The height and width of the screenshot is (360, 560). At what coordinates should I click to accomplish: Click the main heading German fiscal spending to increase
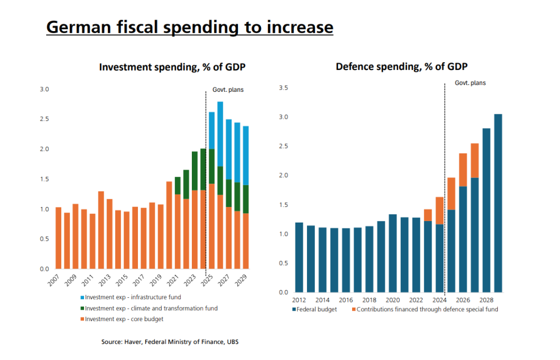click(x=189, y=26)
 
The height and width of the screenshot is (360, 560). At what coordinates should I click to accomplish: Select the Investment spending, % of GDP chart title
click(x=172, y=67)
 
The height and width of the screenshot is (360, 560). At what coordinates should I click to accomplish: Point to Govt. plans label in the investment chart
click(x=228, y=90)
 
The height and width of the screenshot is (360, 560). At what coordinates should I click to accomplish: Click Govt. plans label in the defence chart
click(x=470, y=83)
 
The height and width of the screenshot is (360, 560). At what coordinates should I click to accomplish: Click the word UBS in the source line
click(x=231, y=342)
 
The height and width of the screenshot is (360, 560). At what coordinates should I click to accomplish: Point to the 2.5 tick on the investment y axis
click(x=44, y=119)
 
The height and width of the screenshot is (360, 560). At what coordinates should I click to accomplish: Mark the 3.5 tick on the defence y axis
click(x=283, y=88)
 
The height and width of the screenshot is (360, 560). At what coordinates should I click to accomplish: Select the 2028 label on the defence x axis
click(x=486, y=300)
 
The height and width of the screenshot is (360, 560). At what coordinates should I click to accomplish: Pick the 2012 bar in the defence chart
click(x=299, y=257)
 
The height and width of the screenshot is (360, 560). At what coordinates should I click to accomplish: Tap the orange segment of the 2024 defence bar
click(x=440, y=211)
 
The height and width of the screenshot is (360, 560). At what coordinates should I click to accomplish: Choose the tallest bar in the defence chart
click(x=498, y=203)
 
